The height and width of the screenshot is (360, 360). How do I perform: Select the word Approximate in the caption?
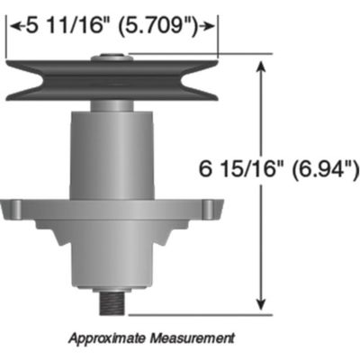point(107,338)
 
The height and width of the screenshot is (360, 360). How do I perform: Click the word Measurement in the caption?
point(192,338)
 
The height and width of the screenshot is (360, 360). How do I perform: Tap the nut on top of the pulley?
point(112,60)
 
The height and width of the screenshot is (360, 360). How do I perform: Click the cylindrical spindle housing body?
point(112,153)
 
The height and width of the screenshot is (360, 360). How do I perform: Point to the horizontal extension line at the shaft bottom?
point(198,315)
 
